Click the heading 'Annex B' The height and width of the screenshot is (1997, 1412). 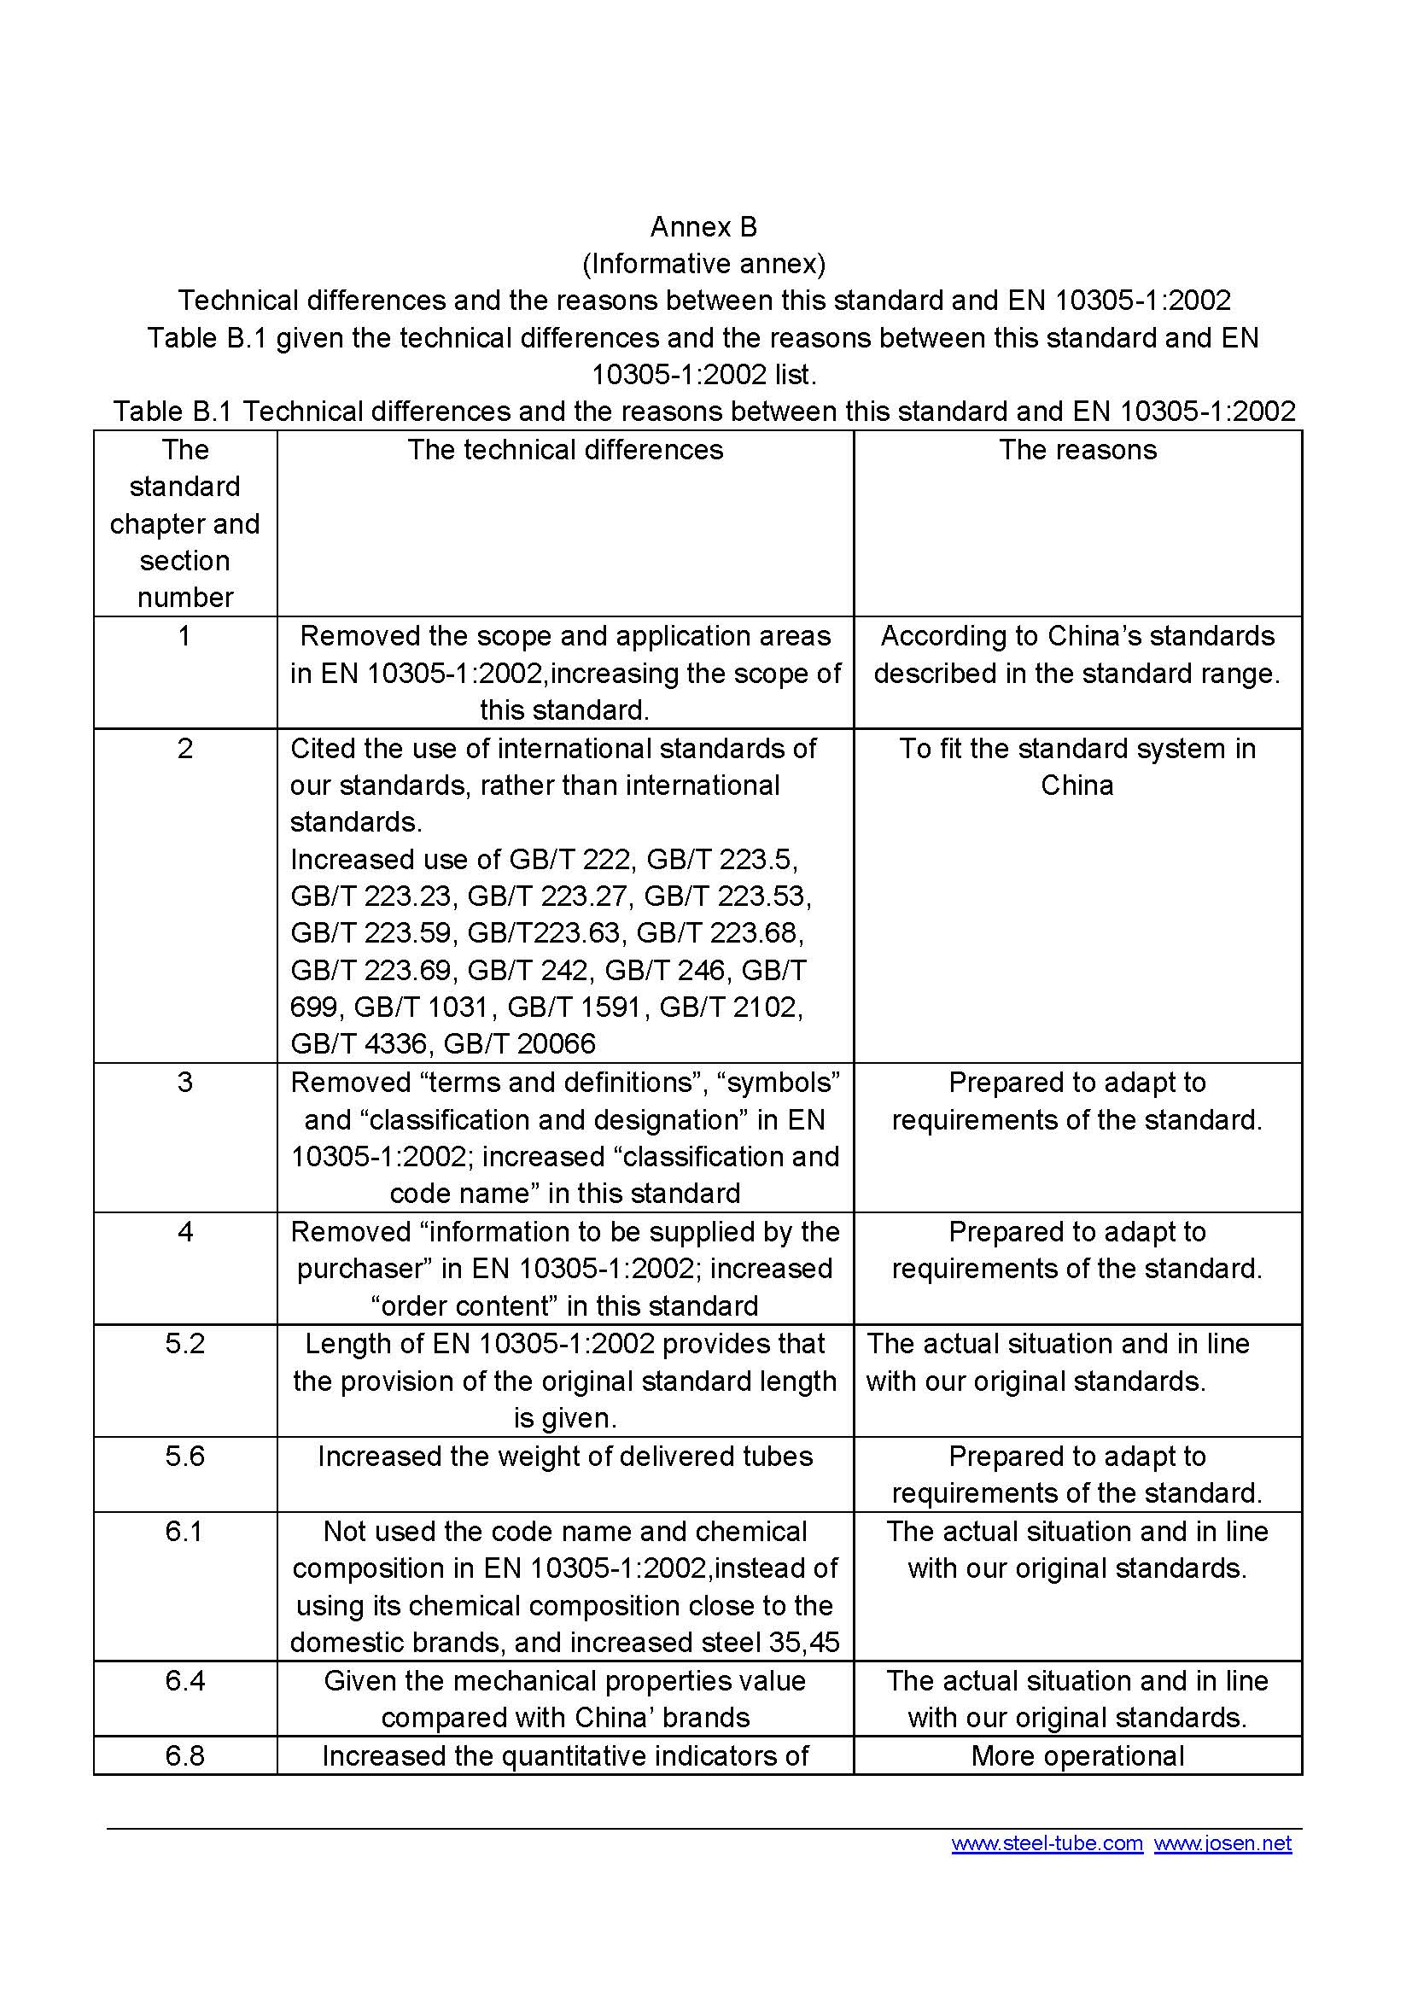[703, 227]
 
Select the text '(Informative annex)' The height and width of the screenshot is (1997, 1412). [703, 264]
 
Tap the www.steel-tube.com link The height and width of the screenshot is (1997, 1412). [1047, 1843]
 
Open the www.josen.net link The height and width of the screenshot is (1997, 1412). [1222, 1843]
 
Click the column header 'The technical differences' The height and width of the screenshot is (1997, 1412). [565, 450]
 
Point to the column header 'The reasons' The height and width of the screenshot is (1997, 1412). [1077, 450]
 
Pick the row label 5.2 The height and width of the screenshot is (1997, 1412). [185, 1344]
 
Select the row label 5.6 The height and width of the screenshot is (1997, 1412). [185, 1456]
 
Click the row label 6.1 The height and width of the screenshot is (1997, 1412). [185, 1531]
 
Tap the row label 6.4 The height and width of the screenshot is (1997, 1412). [185, 1680]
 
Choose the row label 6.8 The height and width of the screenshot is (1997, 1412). [185, 1755]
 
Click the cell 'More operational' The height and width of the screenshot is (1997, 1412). [1077, 1755]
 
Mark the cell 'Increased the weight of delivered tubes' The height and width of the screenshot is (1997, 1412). [565, 1456]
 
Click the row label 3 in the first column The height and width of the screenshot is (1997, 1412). [185, 1083]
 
